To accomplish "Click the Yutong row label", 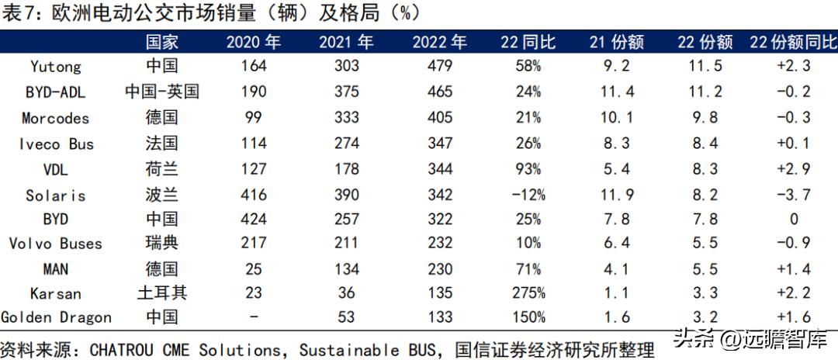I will coord(56,66).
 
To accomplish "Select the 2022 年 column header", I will coord(439,42).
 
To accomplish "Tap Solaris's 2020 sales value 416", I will coord(254,194).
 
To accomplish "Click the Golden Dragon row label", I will coord(56,317).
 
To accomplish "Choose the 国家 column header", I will coord(162,42).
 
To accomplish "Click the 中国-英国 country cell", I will coord(162,92).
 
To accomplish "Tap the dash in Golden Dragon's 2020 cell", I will coord(254,317).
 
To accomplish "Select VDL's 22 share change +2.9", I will coord(793,168).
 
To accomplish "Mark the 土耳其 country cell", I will coord(162,293).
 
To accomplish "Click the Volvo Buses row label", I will coord(56,244).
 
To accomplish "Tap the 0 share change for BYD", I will coord(793,220).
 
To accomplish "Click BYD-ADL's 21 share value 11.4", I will coord(618,92).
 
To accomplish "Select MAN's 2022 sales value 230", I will coord(439,269).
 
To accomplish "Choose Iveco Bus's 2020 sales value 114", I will coord(254,144).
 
